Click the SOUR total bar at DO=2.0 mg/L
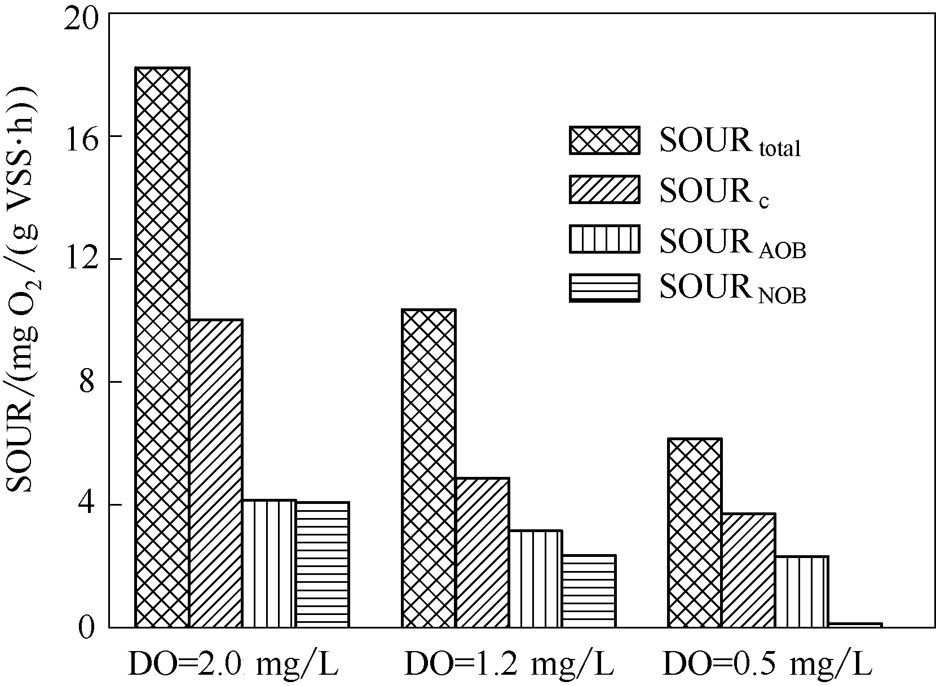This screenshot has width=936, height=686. point(162,347)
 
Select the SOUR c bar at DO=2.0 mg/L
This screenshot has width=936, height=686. point(216,473)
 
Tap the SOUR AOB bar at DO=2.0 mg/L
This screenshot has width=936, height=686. point(269,563)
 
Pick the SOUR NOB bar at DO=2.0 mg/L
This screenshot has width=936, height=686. point(323,564)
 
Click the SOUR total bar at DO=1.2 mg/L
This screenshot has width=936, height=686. point(429,468)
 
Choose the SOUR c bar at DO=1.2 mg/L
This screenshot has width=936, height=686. point(482,552)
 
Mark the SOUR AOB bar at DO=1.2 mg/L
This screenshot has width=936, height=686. point(535,578)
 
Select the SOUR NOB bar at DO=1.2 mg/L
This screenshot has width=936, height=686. point(589,591)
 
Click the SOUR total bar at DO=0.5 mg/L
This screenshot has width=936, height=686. point(695,533)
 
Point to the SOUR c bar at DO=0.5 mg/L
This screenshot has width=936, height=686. point(748,570)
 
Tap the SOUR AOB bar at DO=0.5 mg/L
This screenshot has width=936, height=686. point(801,591)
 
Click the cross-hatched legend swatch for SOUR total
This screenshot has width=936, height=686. point(604,140)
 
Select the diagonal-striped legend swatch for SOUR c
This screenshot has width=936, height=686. point(604,189)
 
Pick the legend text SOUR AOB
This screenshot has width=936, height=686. point(732,241)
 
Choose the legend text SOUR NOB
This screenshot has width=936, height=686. point(732,289)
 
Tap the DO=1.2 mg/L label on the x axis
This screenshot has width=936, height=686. point(509,665)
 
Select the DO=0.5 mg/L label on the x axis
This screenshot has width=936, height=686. point(767,665)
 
